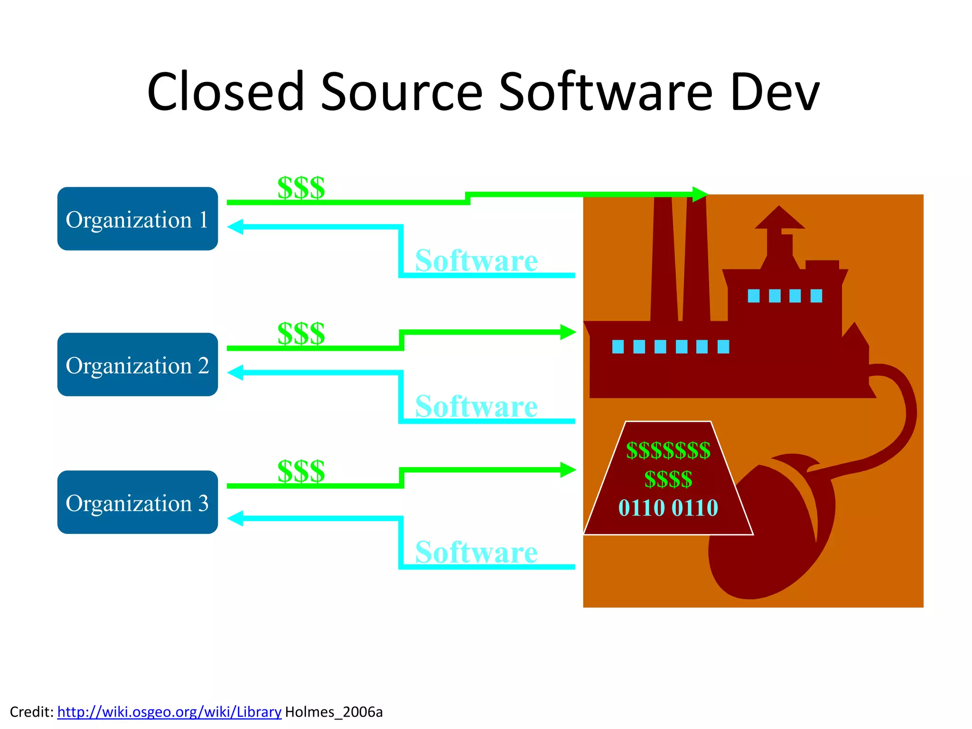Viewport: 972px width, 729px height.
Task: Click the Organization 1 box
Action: tap(137, 219)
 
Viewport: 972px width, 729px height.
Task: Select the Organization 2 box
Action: tap(137, 364)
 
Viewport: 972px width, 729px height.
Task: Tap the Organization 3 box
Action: tap(137, 502)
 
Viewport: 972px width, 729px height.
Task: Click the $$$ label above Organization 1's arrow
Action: tap(301, 187)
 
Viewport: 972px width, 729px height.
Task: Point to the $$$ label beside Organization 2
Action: tap(301, 333)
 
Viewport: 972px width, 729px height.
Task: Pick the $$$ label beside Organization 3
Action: tap(301, 471)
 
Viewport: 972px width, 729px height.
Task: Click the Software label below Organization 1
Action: tap(476, 261)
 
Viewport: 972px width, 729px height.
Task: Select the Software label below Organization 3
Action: tap(476, 552)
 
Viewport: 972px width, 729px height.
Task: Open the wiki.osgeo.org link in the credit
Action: tap(169, 712)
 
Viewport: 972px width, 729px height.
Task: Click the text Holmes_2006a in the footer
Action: tap(334, 712)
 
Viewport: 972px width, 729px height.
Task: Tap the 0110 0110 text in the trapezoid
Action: tap(668, 508)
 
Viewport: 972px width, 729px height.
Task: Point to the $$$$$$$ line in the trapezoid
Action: tap(668, 450)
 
